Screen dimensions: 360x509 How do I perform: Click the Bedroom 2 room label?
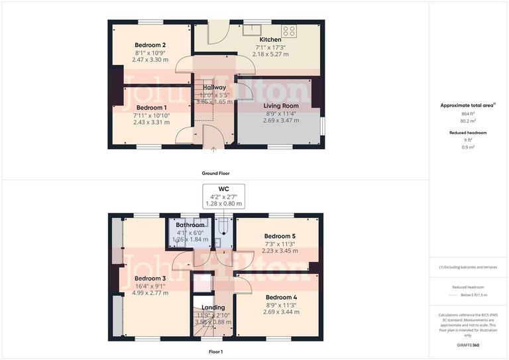coord(150,44)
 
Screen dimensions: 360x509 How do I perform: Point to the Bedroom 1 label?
coord(151,107)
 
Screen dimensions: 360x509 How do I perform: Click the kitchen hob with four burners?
coord(289,30)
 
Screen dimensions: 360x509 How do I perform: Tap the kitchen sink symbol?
coord(253,29)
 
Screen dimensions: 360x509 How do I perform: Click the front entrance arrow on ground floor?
coord(213,150)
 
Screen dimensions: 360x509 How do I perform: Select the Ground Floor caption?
coord(215,173)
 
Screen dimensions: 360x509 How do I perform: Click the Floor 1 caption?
coord(215,351)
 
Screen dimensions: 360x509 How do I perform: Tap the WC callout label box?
coord(223,196)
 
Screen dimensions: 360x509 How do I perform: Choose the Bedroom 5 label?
coord(280,236)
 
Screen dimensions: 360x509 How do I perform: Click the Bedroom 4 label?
coord(281,297)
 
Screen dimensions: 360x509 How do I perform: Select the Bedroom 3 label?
coord(150,278)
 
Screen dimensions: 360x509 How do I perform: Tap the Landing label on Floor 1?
coord(213,307)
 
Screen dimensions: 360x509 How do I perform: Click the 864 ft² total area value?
coord(469,113)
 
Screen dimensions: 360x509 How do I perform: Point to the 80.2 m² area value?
coord(469,121)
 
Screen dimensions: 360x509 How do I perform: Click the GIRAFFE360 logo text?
coord(469,345)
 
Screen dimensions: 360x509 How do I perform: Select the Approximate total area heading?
coord(468,105)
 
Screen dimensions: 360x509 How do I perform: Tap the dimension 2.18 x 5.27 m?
coord(272,54)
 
